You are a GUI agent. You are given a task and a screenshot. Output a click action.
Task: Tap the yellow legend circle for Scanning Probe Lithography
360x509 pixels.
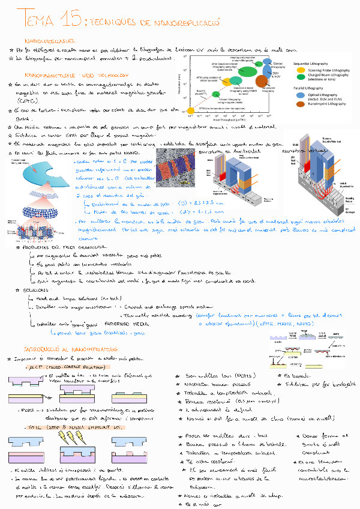pos(300,70)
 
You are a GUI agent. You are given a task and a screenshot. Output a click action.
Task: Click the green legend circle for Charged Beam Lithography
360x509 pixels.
pos(300,76)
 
